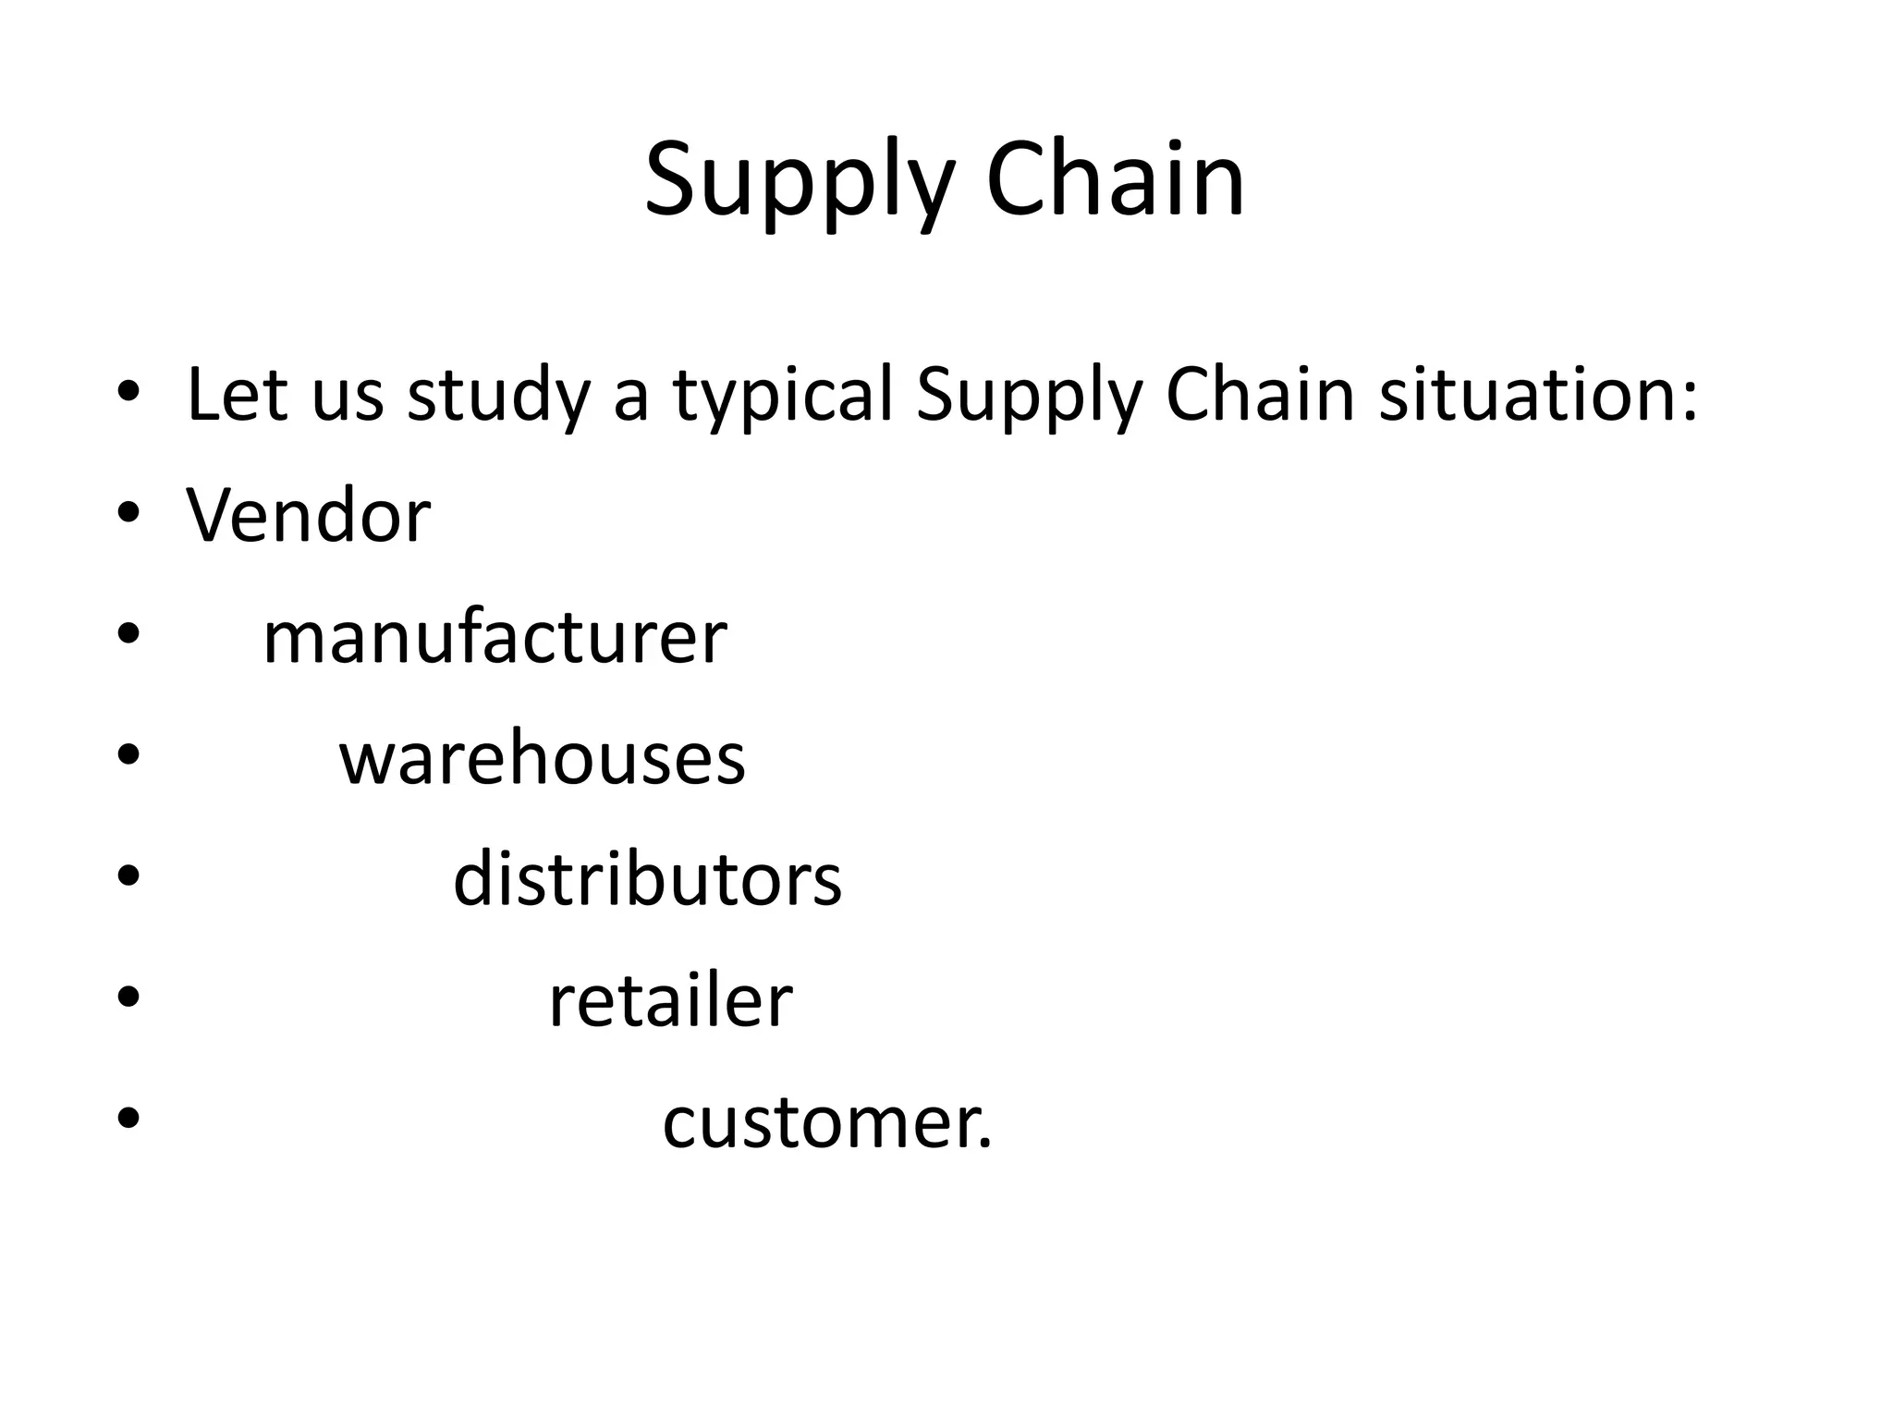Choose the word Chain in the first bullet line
pyautogui.click(x=1262, y=395)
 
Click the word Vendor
pyautogui.click(x=309, y=515)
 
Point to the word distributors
pyautogui.click(x=647, y=879)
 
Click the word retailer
pyautogui.click(x=670, y=1000)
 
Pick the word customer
pyautogui.click(x=825, y=1123)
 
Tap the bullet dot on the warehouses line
pyautogui.click(x=128, y=755)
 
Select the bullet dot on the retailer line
pyautogui.click(x=128, y=998)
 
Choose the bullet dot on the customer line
pyautogui.click(x=128, y=1119)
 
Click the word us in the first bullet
pyautogui.click(x=348, y=398)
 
